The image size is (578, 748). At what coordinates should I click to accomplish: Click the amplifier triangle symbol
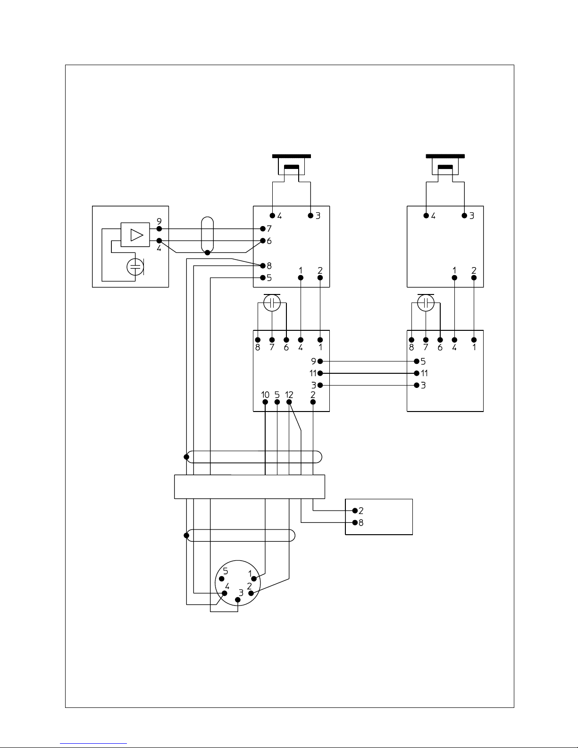(x=136, y=235)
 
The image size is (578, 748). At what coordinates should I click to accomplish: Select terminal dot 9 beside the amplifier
(x=159, y=228)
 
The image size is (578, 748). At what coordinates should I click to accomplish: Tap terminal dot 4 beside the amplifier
(x=159, y=241)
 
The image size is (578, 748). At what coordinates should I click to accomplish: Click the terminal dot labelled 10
(x=265, y=402)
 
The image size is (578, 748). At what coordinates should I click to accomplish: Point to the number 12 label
(x=289, y=395)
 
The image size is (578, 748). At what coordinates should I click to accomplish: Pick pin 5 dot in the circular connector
(x=222, y=579)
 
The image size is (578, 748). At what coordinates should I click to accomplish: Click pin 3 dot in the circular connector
(x=237, y=600)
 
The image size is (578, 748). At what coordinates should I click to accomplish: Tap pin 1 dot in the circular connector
(x=254, y=579)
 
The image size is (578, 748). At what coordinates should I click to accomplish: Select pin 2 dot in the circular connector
(x=251, y=593)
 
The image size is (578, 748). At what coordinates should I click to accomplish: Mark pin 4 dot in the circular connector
(x=225, y=593)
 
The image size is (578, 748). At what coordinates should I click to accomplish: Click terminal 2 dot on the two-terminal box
(x=355, y=511)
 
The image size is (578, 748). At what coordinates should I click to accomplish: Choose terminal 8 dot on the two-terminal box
(x=355, y=522)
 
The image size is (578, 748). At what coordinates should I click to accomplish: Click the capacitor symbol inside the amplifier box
(x=135, y=267)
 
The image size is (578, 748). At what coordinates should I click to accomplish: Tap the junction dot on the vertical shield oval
(x=207, y=252)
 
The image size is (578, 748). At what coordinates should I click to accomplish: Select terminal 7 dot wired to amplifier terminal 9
(x=263, y=228)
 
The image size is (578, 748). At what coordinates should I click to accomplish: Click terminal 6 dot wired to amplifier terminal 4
(x=263, y=241)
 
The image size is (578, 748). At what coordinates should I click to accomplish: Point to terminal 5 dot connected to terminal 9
(x=417, y=361)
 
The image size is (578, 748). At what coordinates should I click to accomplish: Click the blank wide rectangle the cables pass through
(x=250, y=487)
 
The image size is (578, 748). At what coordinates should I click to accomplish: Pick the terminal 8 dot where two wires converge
(x=263, y=266)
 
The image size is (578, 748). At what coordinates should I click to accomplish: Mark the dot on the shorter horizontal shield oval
(x=186, y=535)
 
